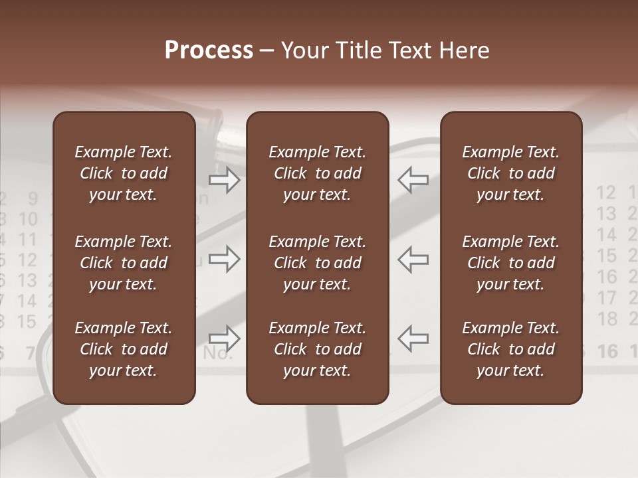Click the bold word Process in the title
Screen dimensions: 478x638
[x=209, y=50]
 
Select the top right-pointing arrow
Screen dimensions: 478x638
[x=225, y=180]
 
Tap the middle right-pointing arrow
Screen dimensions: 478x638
[x=225, y=259]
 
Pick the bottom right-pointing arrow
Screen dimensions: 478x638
[x=225, y=338]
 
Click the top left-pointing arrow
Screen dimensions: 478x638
[x=413, y=180]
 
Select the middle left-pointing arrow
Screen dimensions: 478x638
[x=413, y=259]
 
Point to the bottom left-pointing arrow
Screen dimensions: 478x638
[x=413, y=338]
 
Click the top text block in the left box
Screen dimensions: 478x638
[x=124, y=173]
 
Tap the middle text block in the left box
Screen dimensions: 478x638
[x=124, y=263]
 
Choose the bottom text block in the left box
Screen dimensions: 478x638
[x=124, y=349]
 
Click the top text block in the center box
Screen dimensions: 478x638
[x=317, y=173]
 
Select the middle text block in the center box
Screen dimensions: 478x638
[x=317, y=263]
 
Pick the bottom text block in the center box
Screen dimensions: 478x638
[x=317, y=349]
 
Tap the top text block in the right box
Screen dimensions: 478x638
[x=510, y=173]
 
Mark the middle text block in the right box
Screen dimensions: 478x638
[x=510, y=263]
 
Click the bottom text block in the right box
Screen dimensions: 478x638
[x=510, y=349]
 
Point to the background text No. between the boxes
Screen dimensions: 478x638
[x=217, y=353]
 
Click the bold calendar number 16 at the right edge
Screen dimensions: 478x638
[x=607, y=351]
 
